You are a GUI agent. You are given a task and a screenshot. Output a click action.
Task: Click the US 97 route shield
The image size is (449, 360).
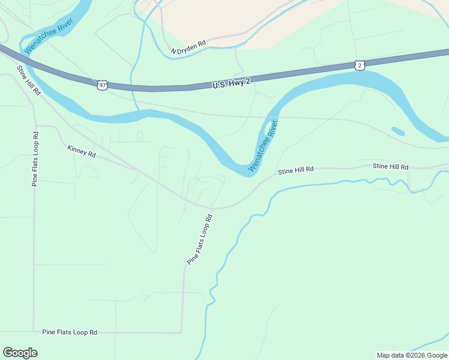102,85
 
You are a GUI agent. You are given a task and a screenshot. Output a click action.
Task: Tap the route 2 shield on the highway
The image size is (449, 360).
359,65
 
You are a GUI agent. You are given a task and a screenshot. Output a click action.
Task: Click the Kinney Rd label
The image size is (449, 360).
82,151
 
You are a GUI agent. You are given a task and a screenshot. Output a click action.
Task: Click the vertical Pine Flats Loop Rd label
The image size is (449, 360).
35,158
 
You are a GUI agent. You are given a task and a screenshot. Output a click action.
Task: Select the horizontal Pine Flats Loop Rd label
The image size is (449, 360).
70,332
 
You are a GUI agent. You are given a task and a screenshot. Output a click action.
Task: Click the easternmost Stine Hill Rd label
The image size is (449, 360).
390,166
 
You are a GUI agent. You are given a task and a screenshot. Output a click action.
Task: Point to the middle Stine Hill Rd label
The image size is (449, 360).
296,170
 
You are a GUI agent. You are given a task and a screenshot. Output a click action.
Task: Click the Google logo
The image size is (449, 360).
20,353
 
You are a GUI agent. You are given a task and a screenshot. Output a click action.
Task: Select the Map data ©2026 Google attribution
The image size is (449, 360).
412,355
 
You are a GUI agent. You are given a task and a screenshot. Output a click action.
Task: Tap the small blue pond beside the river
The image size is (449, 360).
398,131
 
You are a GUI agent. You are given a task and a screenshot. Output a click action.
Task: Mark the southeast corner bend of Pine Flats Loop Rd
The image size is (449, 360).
181,332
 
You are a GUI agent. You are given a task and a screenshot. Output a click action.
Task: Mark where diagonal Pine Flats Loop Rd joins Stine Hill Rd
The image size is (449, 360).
211,209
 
